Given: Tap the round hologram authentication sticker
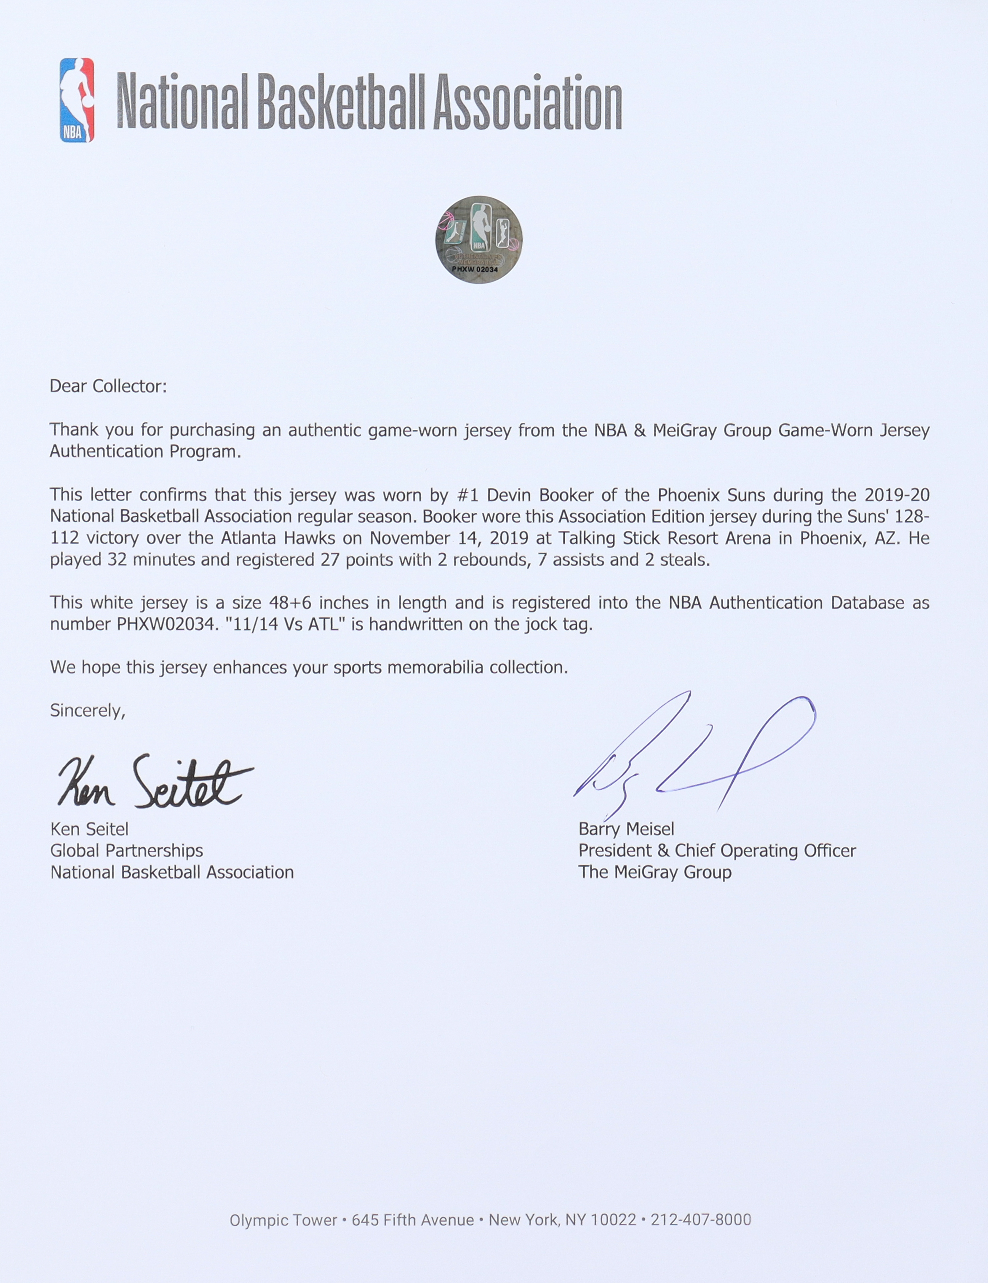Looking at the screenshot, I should pos(478,239).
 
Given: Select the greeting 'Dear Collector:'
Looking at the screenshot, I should pos(108,386).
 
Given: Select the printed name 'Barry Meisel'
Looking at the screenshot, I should pos(626,829).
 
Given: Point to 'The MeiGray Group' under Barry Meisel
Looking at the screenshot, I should pos(655,872).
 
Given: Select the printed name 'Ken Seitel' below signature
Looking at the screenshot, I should pos(89,829).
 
